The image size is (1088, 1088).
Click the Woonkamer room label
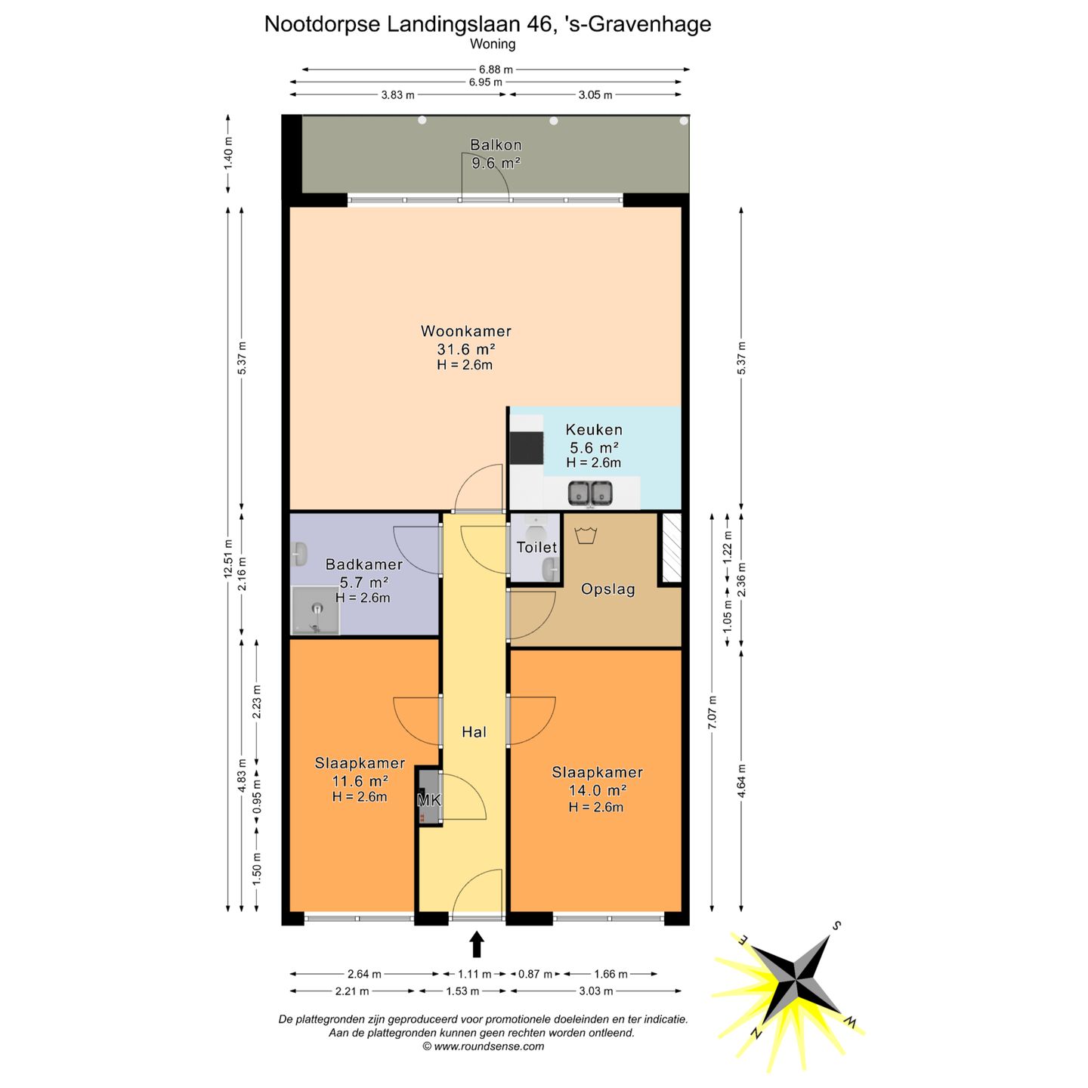pyautogui.click(x=466, y=331)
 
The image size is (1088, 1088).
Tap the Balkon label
pyautogui.click(x=496, y=145)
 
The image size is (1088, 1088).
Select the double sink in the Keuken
pyautogui.click(x=591, y=493)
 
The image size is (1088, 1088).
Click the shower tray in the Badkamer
pyautogui.click(x=315, y=610)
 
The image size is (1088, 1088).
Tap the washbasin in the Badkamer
pyautogui.click(x=300, y=554)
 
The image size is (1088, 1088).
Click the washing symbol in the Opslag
pyautogui.click(x=586, y=534)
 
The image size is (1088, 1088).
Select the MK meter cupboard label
pyautogui.click(x=428, y=799)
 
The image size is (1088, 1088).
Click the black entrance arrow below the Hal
pyautogui.click(x=477, y=944)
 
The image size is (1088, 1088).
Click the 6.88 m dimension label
pyautogui.click(x=496, y=70)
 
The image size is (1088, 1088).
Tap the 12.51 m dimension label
pyautogui.click(x=228, y=558)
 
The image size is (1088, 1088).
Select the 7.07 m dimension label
pyautogui.click(x=712, y=712)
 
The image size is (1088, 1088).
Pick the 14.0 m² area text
pyautogui.click(x=598, y=790)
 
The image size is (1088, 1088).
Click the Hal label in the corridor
pyautogui.click(x=474, y=732)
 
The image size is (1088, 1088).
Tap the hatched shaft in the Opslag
pyautogui.click(x=672, y=548)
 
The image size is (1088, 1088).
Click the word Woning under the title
pyautogui.click(x=493, y=44)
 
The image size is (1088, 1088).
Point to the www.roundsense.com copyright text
pyautogui.click(x=484, y=1046)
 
